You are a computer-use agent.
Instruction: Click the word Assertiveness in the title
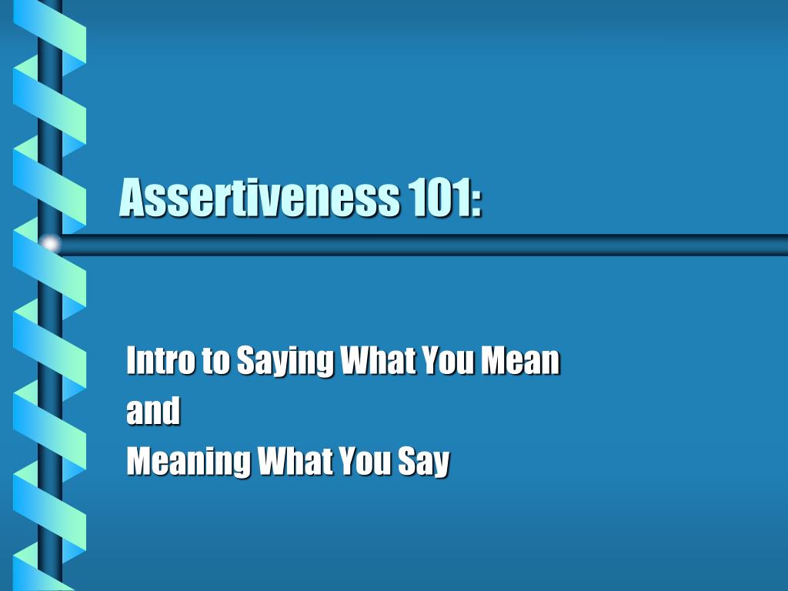[259, 197]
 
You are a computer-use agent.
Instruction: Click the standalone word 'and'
[152, 411]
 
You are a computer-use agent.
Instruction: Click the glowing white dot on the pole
[51, 244]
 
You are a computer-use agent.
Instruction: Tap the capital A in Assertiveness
[134, 197]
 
